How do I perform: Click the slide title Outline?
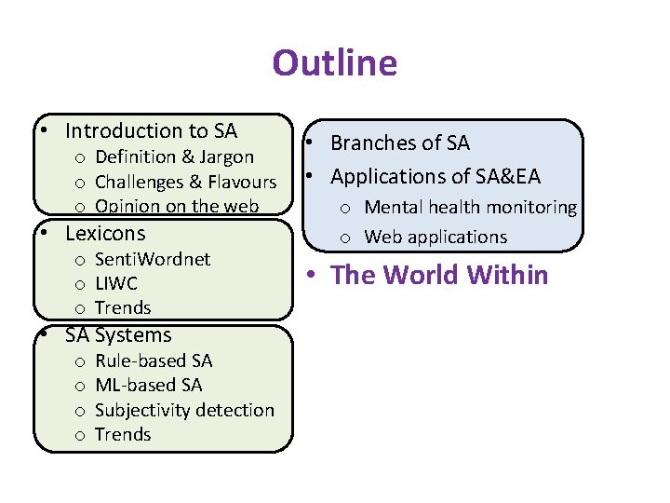[x=334, y=63]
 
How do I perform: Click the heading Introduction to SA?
[x=151, y=131]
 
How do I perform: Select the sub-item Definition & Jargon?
[x=174, y=156]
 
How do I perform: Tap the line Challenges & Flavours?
[x=186, y=182]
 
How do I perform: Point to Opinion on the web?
[x=177, y=206]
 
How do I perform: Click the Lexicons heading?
[x=105, y=233]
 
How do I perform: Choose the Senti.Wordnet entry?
[x=153, y=259]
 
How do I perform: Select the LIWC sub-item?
[x=116, y=283]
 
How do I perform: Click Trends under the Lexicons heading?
[x=123, y=307]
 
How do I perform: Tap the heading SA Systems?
[x=118, y=335]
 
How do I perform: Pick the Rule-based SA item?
[x=154, y=360]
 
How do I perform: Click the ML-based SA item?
[x=148, y=385]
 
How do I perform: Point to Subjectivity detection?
[x=184, y=410]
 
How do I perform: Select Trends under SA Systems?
[x=123, y=434]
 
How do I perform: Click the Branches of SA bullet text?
[x=400, y=143]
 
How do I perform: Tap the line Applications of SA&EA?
[x=435, y=176]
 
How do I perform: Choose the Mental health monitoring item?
[x=470, y=207]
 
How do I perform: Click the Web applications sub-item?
[x=435, y=237]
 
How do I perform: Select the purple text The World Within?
[x=439, y=275]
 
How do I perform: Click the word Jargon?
[x=224, y=156]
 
